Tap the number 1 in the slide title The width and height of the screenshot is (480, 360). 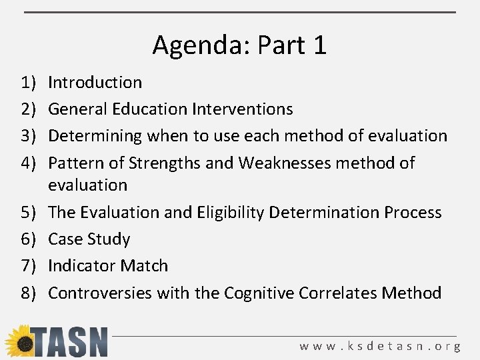pyautogui.click(x=319, y=45)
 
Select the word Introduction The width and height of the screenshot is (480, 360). pyautogui.click(x=95, y=83)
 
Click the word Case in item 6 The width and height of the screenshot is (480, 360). pyautogui.click(x=65, y=239)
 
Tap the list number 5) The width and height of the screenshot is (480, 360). pyautogui.click(x=28, y=212)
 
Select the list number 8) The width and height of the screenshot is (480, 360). pyautogui.click(x=28, y=293)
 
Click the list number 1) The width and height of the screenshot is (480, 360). pyautogui.click(x=28, y=83)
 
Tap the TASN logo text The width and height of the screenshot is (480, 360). pyautogui.click(x=69, y=342)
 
